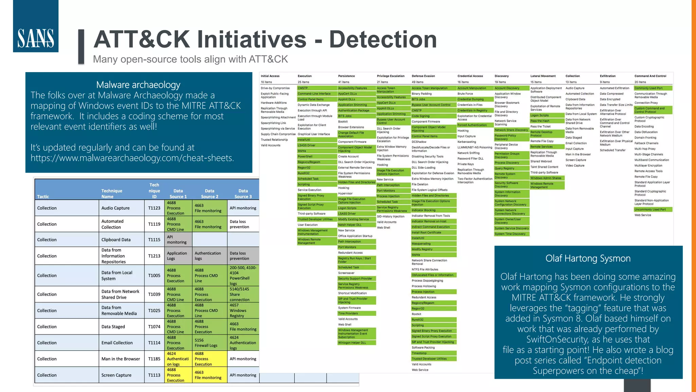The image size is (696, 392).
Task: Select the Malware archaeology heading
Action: pyautogui.click(x=138, y=85)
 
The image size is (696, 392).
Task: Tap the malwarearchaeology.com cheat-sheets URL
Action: pyautogui.click(x=132, y=158)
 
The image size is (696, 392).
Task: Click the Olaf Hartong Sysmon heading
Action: pyautogui.click(x=588, y=259)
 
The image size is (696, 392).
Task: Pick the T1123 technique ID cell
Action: pyautogui.click(x=154, y=208)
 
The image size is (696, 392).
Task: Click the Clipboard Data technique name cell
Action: pyautogui.click(x=116, y=240)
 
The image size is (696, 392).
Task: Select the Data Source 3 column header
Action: pyautogui.click(x=243, y=194)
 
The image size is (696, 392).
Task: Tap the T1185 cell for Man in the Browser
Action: pyautogui.click(x=154, y=359)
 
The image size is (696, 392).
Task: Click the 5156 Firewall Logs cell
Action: pyautogui.click(x=206, y=343)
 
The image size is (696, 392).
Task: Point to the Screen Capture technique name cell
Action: pyautogui.click(x=116, y=375)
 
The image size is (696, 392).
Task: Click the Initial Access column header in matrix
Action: pyautogui.click(x=270, y=76)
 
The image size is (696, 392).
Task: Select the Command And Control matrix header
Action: pyautogui.click(x=650, y=76)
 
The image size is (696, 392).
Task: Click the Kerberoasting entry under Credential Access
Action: pyautogui.click(x=467, y=142)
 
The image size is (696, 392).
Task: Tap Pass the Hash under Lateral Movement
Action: pyautogui.click(x=540, y=121)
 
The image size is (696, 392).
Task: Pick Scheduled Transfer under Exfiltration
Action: pyautogui.click(x=612, y=150)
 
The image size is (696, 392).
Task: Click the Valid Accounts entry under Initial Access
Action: pyautogui.click(x=271, y=145)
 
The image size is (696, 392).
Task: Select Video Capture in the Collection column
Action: pyautogui.click(x=575, y=166)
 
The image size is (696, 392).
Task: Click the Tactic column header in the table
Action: pyautogui.click(x=43, y=196)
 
